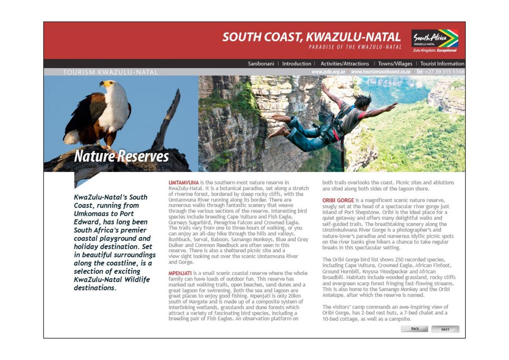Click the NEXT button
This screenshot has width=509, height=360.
coord(445,329)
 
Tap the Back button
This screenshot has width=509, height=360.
coord(415,329)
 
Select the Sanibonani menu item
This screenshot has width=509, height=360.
coord(261,64)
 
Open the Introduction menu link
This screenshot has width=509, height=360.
coord(296,64)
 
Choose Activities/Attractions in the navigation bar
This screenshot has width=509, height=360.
coord(344,64)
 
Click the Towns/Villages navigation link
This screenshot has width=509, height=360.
coord(395,64)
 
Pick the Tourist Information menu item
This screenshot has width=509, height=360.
coord(442,64)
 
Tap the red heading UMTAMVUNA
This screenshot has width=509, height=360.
coord(184,183)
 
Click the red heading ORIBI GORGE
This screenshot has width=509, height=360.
coord(338,201)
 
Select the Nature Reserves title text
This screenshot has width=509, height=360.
coord(121,156)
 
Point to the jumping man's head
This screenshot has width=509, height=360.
coord(363,101)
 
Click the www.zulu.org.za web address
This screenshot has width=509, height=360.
coord(328,72)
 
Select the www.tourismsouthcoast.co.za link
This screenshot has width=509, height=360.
coord(381,72)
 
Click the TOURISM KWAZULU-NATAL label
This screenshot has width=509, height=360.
coord(110,72)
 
